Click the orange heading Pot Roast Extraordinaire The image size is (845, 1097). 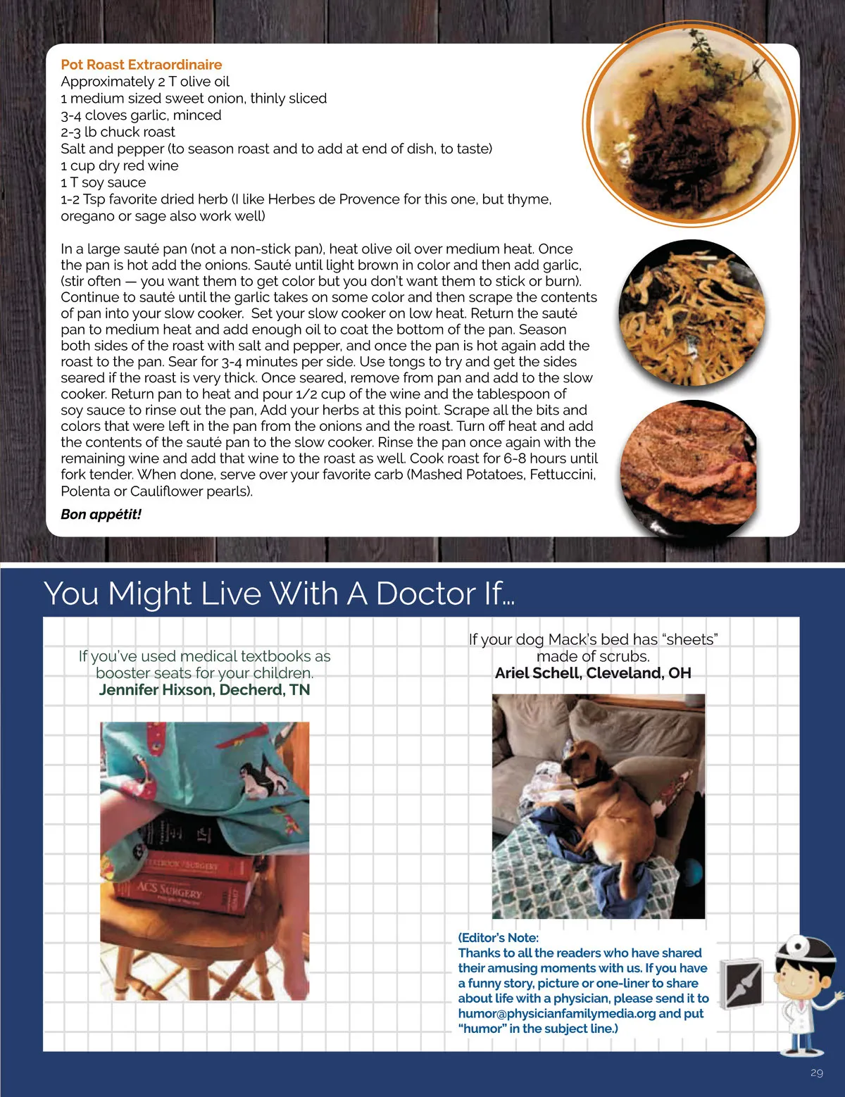142,65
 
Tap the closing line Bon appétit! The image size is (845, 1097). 101,515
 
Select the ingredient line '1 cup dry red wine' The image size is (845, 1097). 120,165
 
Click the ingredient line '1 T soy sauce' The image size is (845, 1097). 104,182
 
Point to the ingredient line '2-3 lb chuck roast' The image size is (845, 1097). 118,132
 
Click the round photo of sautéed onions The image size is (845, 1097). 692,313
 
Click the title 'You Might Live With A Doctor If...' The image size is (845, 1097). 279,593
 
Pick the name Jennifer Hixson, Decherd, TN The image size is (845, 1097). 204,689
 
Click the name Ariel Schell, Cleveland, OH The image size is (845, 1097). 593,673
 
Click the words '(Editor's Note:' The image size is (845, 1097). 499,937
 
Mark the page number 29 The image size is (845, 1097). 817,1073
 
